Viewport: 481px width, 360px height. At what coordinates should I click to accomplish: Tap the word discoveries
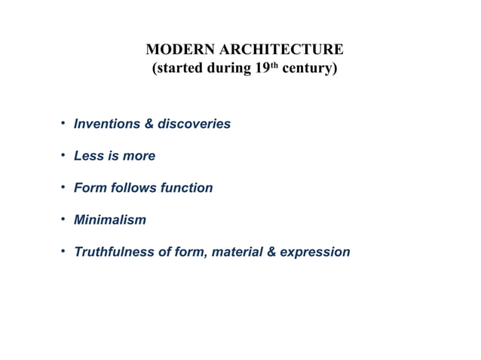(x=195, y=124)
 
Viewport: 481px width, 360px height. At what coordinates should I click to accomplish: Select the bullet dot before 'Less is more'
(x=64, y=155)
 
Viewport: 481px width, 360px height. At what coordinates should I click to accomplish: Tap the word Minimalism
(x=110, y=220)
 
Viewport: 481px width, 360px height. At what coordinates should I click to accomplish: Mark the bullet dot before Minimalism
(x=64, y=219)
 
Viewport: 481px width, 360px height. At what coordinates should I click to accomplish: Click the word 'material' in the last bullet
(x=237, y=252)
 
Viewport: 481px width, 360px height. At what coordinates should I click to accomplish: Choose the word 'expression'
(x=315, y=252)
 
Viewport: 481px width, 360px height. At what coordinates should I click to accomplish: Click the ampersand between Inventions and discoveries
(x=149, y=124)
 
